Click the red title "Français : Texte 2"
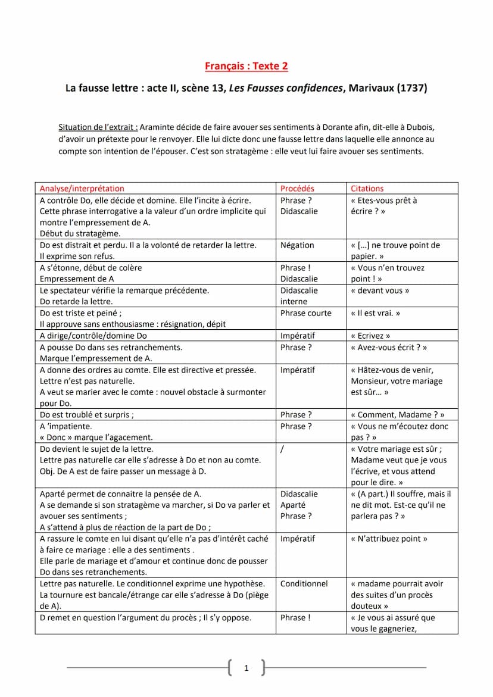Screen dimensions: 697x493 coord(246,66)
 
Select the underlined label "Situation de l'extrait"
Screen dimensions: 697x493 coord(98,127)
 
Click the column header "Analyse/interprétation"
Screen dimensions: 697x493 coord(82,189)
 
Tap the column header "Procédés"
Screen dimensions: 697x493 coord(297,189)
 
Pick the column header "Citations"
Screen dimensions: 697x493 coord(367,189)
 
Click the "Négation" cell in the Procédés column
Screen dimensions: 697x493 coord(297,245)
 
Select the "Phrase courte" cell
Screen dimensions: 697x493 coord(306,313)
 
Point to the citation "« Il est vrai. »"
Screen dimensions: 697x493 coord(376,313)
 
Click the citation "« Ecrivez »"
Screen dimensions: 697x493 coord(371,336)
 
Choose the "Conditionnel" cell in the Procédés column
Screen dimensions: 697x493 coord(304,584)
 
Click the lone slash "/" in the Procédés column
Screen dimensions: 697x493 coord(282,449)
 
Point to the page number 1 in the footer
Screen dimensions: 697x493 coord(246,668)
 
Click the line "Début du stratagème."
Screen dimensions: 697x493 coord(80,234)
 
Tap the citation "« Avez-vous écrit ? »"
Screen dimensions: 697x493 coord(389,348)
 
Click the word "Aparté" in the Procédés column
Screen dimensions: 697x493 coord(293,505)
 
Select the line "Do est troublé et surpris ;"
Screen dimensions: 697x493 coord(87,415)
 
